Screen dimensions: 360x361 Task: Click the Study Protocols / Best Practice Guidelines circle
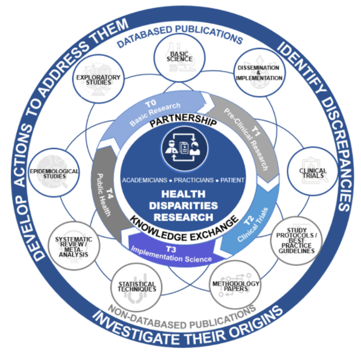(x=296, y=241)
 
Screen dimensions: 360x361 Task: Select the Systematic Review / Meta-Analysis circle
(x=74, y=245)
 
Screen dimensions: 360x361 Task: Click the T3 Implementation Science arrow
(x=169, y=252)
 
